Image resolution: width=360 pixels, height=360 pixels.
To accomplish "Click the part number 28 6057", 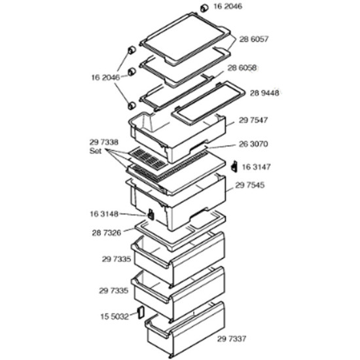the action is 254,39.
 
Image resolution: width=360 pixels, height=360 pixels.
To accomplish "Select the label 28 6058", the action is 242,68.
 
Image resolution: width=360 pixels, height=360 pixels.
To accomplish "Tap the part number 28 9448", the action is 264,93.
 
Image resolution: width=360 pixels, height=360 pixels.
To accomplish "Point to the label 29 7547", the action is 253,120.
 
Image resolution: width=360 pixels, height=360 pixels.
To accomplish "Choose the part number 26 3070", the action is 253,144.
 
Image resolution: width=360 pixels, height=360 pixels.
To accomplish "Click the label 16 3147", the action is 256,167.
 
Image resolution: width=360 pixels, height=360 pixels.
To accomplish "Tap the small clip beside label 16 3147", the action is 234,166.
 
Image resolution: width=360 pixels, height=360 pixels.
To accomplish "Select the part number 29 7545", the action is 250,185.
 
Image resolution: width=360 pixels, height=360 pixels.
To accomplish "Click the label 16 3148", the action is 104,214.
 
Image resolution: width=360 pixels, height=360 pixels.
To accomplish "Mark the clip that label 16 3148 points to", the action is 151,214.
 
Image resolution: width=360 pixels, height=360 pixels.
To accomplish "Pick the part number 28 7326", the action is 106,233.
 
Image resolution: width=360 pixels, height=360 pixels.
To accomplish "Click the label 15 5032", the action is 115,317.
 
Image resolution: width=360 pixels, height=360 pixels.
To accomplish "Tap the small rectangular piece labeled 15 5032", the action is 141,312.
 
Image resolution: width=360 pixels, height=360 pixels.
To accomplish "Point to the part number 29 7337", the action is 232,338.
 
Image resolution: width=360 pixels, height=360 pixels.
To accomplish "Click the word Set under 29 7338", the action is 96,151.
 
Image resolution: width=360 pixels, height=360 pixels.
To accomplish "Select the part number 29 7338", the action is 104,142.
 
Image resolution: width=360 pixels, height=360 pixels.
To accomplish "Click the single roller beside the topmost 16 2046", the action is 204,8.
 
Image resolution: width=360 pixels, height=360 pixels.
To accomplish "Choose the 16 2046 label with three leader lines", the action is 106,78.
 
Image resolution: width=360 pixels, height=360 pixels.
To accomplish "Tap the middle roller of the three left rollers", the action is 132,72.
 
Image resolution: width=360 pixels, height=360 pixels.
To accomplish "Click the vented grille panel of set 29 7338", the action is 147,158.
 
